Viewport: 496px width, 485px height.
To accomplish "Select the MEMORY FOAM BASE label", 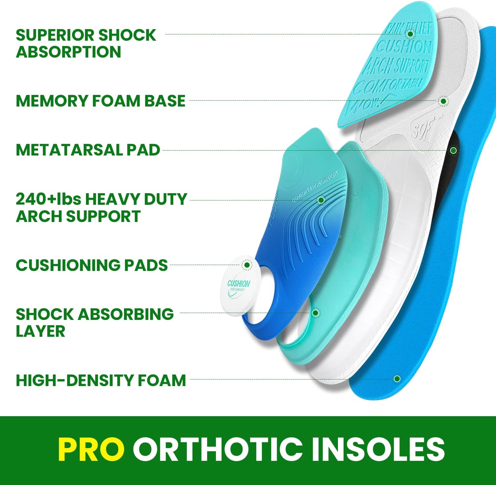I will (x=100, y=101).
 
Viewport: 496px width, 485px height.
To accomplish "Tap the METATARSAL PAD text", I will (x=88, y=150).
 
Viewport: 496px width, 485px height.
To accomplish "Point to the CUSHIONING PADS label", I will (x=92, y=265).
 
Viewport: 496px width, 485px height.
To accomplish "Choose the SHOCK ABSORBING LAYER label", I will (x=94, y=323).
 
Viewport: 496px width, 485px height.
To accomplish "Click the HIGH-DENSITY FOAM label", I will (x=101, y=380).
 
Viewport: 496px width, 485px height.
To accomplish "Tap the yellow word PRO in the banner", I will (x=91, y=449).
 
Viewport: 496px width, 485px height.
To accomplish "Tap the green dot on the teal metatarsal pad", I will (x=410, y=34).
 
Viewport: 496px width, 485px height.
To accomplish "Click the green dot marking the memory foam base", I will (x=443, y=101).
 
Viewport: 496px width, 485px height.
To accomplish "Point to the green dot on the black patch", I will (x=453, y=151).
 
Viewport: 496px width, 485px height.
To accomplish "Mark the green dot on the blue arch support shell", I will (x=321, y=200).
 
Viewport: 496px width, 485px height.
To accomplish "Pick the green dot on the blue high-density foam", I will (x=397, y=379).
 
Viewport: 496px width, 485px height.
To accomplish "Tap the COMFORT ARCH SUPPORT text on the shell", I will (x=315, y=187).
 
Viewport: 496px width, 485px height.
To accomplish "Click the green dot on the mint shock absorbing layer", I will (x=315, y=313).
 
